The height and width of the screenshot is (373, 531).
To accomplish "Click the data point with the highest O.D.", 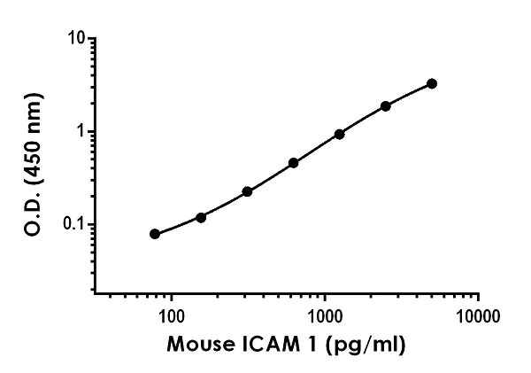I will (432, 83).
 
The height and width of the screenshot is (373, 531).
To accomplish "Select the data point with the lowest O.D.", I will (155, 234).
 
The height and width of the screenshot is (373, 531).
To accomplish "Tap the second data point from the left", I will (201, 217).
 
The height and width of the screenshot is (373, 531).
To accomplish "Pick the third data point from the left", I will (247, 191).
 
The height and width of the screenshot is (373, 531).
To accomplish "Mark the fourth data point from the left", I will (293, 163).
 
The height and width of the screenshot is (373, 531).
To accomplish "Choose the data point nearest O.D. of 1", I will (339, 134).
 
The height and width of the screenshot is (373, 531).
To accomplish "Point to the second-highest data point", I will (386, 105).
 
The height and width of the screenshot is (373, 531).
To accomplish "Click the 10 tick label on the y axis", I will (77, 39).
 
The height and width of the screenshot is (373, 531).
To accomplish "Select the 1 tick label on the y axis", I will (81, 131).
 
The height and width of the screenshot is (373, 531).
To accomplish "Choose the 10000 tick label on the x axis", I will (479, 315).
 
